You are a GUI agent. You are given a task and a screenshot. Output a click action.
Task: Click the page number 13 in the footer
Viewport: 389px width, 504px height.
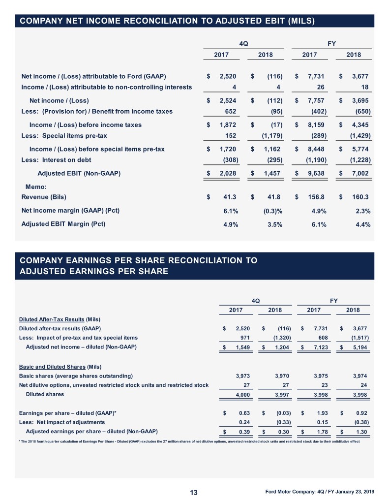[194, 493]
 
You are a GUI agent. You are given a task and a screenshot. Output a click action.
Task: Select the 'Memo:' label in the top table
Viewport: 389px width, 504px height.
[36, 187]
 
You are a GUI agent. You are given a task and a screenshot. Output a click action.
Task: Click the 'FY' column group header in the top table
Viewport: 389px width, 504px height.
[331, 43]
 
